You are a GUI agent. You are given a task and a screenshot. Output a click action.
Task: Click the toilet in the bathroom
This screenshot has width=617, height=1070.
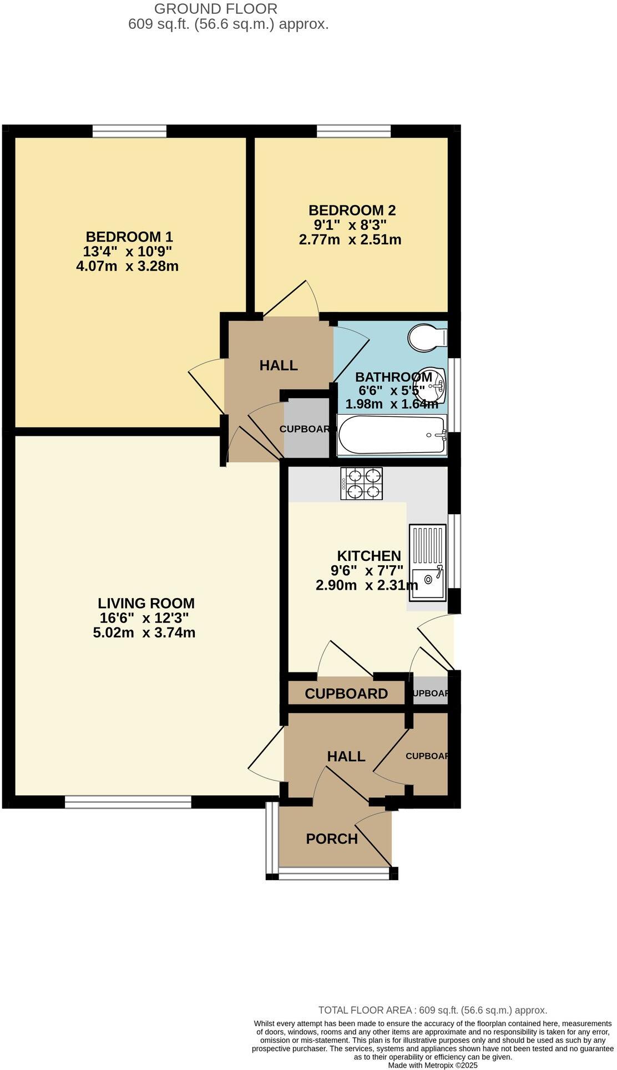(x=426, y=337)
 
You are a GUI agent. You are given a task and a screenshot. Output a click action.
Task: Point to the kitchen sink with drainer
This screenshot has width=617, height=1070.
(x=427, y=562)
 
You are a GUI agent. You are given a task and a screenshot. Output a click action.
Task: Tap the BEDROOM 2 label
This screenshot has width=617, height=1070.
(x=352, y=210)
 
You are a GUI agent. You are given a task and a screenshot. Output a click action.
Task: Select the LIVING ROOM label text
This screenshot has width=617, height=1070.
(x=146, y=603)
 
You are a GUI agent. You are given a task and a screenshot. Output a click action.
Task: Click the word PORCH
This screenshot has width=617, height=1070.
(x=332, y=838)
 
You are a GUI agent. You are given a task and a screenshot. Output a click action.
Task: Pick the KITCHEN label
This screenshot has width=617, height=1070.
(x=369, y=556)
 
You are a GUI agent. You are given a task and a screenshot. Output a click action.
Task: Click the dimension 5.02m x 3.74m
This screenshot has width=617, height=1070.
(x=144, y=632)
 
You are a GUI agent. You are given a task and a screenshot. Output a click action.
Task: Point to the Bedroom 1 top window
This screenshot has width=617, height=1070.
(x=129, y=131)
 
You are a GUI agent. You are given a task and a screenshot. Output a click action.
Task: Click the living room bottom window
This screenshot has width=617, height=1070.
(x=128, y=802)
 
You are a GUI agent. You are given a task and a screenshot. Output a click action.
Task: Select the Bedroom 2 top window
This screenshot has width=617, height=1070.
(x=353, y=131)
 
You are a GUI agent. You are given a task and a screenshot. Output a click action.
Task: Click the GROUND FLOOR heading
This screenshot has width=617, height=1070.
(x=216, y=9)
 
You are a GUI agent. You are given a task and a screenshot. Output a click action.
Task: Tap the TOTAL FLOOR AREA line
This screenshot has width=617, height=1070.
(x=433, y=1010)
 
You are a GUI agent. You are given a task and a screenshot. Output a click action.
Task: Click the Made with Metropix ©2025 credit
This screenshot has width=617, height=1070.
(x=432, y=1065)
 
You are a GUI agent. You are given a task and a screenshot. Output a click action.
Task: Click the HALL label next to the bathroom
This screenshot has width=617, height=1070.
(x=279, y=365)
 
